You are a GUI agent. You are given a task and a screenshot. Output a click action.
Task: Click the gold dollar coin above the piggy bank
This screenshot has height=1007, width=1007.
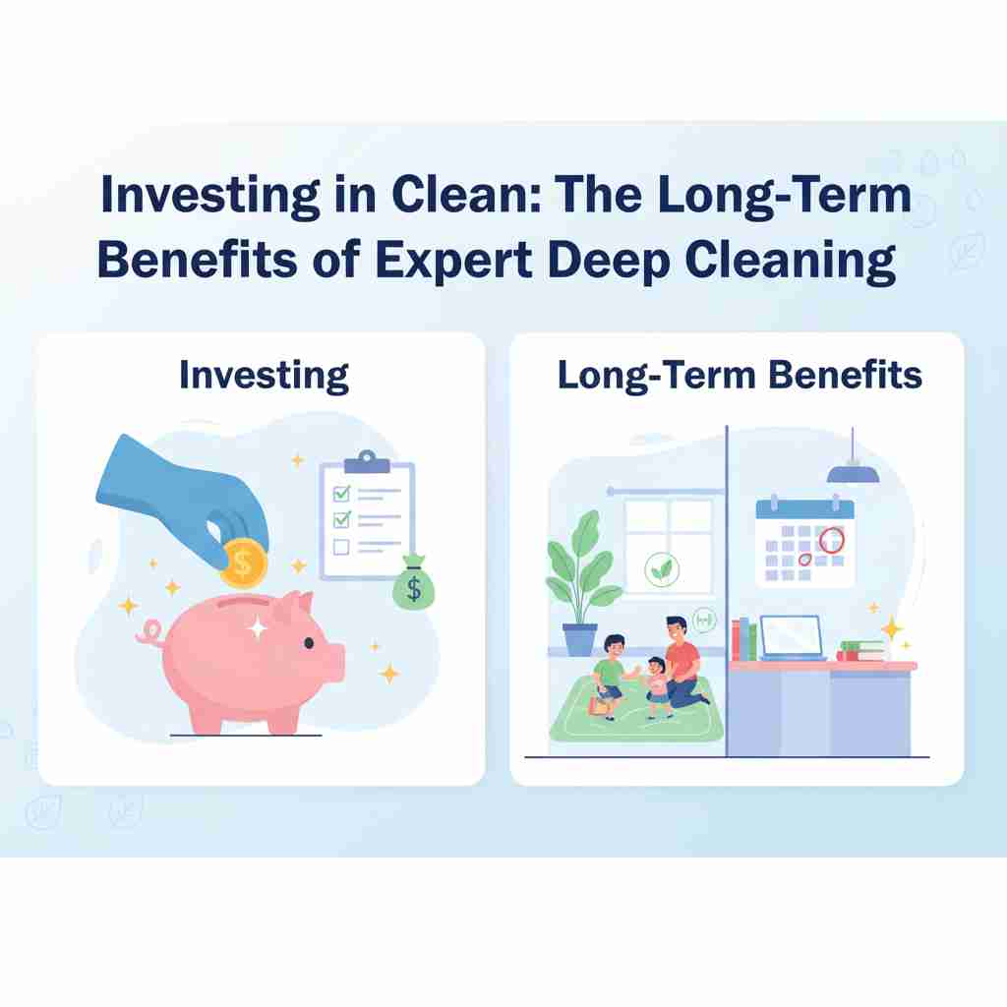(244, 563)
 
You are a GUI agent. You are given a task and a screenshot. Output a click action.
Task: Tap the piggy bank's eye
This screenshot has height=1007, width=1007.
(309, 643)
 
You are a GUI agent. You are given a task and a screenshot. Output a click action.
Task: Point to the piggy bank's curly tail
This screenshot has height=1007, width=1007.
(150, 632)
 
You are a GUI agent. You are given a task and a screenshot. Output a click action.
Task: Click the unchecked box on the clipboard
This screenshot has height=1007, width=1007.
(341, 547)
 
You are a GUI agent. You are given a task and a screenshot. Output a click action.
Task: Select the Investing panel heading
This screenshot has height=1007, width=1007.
(264, 376)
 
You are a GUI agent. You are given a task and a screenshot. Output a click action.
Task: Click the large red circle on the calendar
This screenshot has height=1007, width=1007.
(832, 540)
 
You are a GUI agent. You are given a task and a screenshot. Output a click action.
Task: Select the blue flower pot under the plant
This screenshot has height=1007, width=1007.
(580, 639)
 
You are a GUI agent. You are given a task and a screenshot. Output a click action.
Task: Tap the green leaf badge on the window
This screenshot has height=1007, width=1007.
(662, 569)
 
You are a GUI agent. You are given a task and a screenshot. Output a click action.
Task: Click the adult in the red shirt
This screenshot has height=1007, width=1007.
(683, 662)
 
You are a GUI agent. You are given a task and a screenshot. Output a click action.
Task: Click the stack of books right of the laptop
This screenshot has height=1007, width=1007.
(861, 651)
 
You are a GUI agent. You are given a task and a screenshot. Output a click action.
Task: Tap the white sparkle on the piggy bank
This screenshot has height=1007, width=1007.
(257, 627)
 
